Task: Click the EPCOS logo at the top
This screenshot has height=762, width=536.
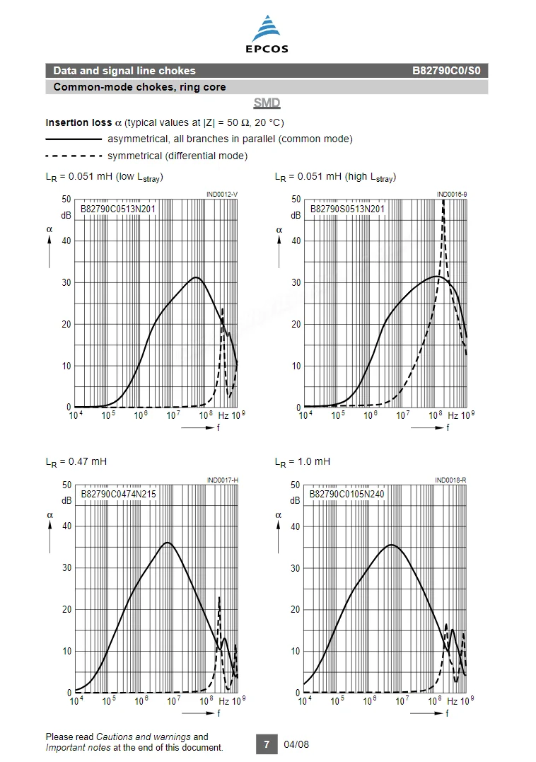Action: click(x=267, y=33)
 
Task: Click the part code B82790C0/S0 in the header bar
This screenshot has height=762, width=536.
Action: click(x=446, y=71)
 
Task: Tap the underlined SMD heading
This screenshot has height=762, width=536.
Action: click(x=267, y=103)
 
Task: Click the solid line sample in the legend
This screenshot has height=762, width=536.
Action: click(x=74, y=139)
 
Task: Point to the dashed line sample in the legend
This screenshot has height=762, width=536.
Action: click(x=74, y=156)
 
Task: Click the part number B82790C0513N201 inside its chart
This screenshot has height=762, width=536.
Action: click(x=118, y=209)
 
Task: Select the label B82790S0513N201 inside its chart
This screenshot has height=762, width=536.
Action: click(x=347, y=209)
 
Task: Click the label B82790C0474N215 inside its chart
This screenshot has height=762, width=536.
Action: click(x=119, y=494)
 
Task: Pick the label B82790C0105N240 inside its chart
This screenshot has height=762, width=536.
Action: click(x=346, y=494)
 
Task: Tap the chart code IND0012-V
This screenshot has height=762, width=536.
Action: click(x=222, y=195)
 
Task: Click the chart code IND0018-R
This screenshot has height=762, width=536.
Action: click(x=450, y=480)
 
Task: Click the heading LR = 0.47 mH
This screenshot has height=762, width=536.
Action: click(x=76, y=462)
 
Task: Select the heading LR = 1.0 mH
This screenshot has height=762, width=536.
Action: click(x=303, y=462)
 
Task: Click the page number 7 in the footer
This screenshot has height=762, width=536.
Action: click(x=267, y=744)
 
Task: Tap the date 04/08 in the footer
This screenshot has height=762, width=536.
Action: click(x=296, y=744)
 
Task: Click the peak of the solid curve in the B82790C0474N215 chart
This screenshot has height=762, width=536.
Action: click(x=168, y=543)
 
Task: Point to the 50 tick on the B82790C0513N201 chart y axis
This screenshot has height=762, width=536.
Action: click(x=66, y=199)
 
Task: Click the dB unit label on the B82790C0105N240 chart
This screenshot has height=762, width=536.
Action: click(x=295, y=500)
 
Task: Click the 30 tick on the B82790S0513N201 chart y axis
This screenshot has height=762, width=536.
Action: click(x=296, y=282)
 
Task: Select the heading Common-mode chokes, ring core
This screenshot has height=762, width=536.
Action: click(x=139, y=87)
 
